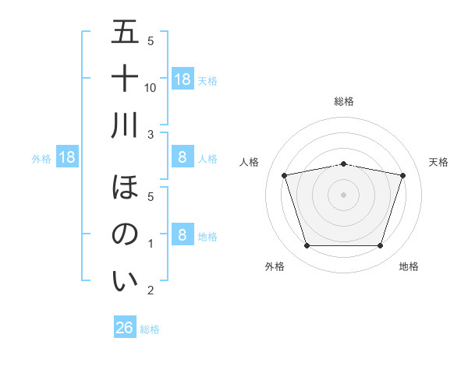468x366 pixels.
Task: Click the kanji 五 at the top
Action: (126, 33)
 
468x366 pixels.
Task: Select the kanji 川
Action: (126, 125)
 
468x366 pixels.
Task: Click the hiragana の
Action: (126, 234)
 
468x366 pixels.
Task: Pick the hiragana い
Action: (126, 281)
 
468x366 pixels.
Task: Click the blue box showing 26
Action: (125, 329)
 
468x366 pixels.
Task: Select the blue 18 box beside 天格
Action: (183, 79)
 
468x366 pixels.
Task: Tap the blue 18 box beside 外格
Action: (67, 157)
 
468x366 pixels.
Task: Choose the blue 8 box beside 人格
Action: (183, 157)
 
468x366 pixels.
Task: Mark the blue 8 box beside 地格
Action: (183, 234)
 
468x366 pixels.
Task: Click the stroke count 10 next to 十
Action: (151, 87)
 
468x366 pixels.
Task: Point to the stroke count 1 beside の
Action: (151, 244)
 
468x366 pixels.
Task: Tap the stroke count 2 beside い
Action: (151, 290)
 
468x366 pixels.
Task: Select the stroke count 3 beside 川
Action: (151, 135)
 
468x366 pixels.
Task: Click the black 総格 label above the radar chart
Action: (344, 101)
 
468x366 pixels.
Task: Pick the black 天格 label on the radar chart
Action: (438, 162)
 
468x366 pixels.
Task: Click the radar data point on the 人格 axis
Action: (285, 176)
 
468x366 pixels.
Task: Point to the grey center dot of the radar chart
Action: (344, 195)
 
